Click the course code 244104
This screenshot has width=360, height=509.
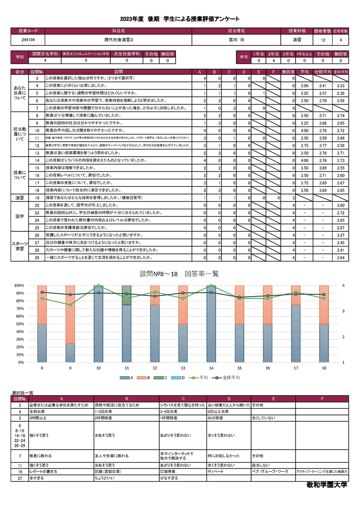tap(27, 40)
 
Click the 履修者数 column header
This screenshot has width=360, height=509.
tap(323, 31)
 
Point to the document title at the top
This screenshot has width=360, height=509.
tap(180, 19)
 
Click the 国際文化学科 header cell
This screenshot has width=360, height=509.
tap(44, 54)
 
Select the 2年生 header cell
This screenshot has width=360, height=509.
tap(274, 54)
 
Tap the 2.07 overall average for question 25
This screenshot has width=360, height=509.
tap(341, 228)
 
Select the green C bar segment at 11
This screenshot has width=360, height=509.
tap(127, 295)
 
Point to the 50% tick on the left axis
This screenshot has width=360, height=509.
tap(19, 324)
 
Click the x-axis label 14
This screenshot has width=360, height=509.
tap(211, 368)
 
